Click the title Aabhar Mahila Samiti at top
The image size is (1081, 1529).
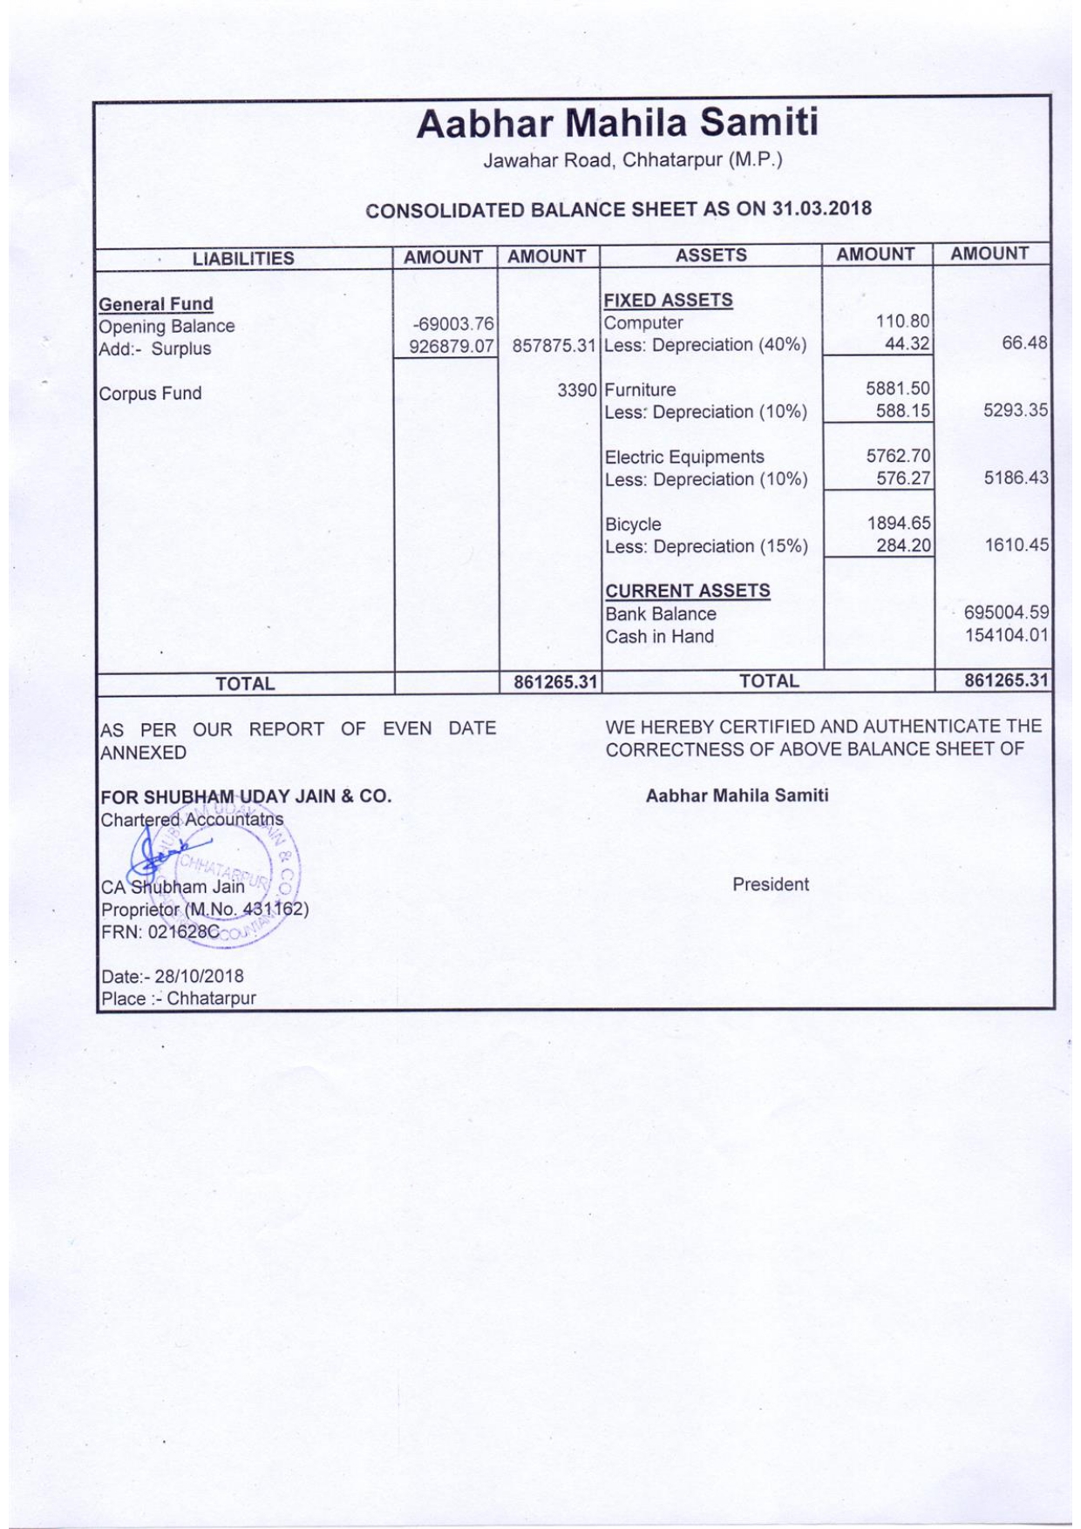[x=617, y=123]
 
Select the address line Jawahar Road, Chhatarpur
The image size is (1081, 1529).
[x=633, y=160]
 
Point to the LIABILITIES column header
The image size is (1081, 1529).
[x=243, y=259]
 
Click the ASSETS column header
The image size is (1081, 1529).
[x=710, y=255]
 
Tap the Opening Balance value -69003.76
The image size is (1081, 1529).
[x=453, y=325]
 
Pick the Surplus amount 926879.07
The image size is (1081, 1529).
[x=452, y=347]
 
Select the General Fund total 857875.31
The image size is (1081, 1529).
[x=554, y=346]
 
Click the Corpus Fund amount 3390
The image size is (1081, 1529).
[x=577, y=390]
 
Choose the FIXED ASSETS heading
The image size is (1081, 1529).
[x=668, y=300]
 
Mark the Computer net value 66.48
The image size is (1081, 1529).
[x=1023, y=342]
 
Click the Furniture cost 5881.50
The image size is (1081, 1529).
[x=898, y=389]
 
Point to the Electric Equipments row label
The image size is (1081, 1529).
[x=684, y=457]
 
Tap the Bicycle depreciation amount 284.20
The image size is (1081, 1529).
[x=903, y=546]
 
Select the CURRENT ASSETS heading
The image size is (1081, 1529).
[x=687, y=591]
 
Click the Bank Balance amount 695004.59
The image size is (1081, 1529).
[x=1006, y=612]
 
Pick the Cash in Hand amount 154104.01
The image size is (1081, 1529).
[x=1006, y=635]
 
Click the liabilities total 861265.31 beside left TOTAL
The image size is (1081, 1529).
[x=555, y=682]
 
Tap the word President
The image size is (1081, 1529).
[x=771, y=884]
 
